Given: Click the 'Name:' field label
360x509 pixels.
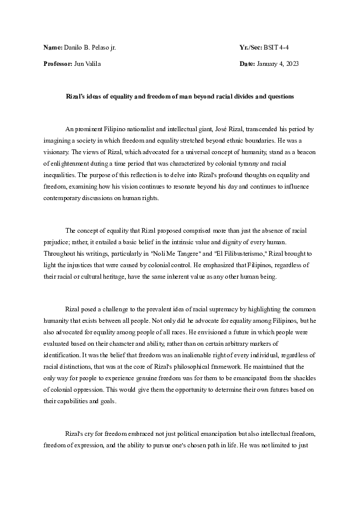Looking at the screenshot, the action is click(53, 47).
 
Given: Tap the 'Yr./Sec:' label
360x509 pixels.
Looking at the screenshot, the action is click(250, 47).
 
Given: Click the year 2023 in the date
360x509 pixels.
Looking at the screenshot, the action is click(291, 63).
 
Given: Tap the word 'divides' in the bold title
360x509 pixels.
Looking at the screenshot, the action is click(240, 96).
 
